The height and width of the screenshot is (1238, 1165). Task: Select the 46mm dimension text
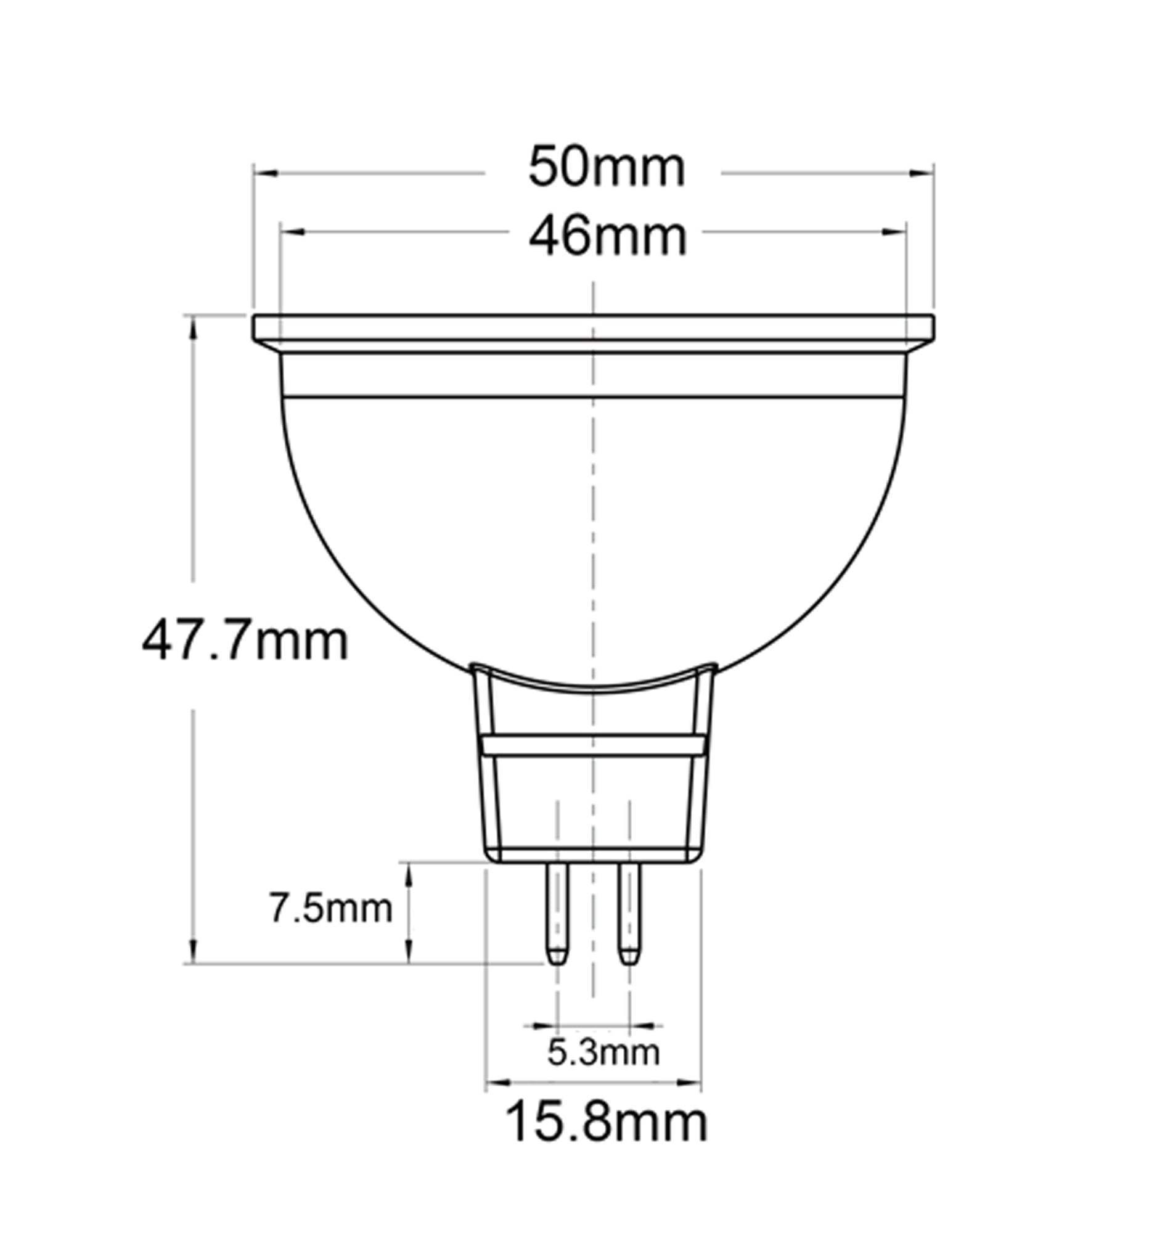[x=607, y=237]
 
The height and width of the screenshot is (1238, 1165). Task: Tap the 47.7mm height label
[x=245, y=642]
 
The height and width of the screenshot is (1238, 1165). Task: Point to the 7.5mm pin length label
[x=330, y=909]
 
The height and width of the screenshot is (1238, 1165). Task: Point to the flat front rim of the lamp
[x=593, y=327]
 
